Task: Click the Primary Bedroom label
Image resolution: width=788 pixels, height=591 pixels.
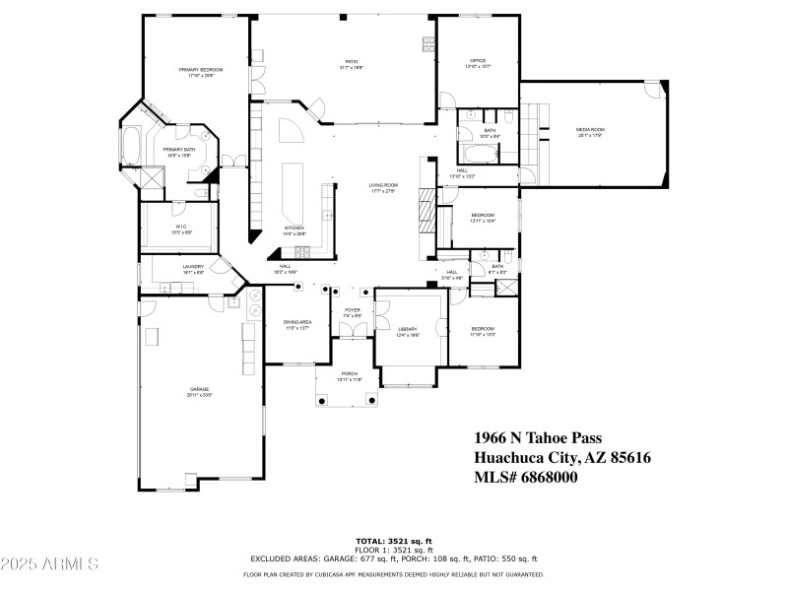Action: pos(200,70)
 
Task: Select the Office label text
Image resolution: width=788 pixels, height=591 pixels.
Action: pos(477,61)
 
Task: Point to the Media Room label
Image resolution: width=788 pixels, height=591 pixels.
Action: pos(590,130)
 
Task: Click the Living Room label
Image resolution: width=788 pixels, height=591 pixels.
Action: pos(383,184)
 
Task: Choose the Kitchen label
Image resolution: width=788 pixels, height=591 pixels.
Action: pos(295,228)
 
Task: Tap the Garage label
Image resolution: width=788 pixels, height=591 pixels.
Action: pos(200,389)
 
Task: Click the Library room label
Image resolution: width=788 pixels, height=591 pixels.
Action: pos(408,329)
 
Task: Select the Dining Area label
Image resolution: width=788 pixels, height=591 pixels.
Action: pos(297,322)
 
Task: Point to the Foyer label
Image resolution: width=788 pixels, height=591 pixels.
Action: pos(352,310)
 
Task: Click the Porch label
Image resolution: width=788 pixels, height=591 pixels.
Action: pos(350,373)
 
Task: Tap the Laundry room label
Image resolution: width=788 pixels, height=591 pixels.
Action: pos(193,266)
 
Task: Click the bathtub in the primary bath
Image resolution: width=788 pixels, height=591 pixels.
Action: pos(131,146)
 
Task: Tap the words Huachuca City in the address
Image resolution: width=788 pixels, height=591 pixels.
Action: pos(525,457)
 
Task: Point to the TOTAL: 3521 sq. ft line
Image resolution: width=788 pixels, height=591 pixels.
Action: pos(393,541)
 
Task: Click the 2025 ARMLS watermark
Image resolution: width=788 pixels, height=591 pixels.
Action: pos(49,564)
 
